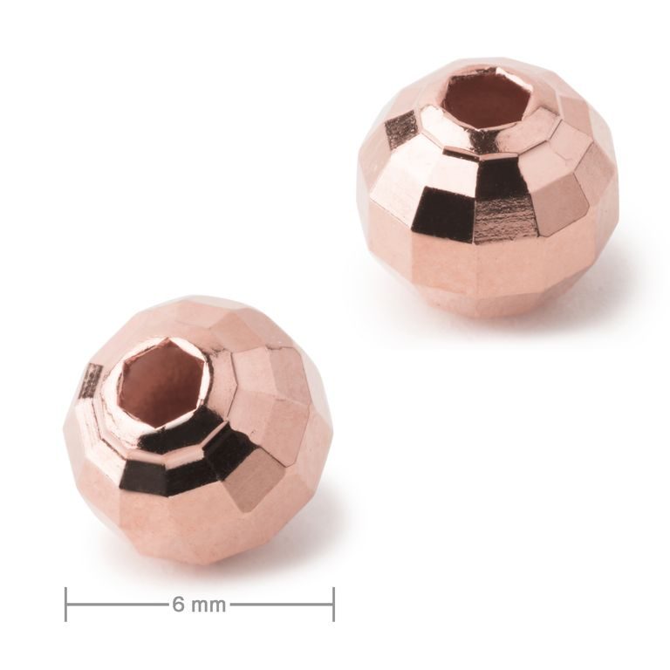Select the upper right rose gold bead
[489, 188]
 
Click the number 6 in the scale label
[177, 604]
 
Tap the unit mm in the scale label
[208, 604]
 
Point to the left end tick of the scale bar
[66, 604]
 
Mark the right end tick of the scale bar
[333, 604]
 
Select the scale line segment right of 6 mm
[281, 604]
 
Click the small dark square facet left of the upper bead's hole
[402, 129]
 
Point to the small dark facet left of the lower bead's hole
[91, 382]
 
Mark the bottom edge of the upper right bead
[489, 315]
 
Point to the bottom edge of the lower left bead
[197, 562]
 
